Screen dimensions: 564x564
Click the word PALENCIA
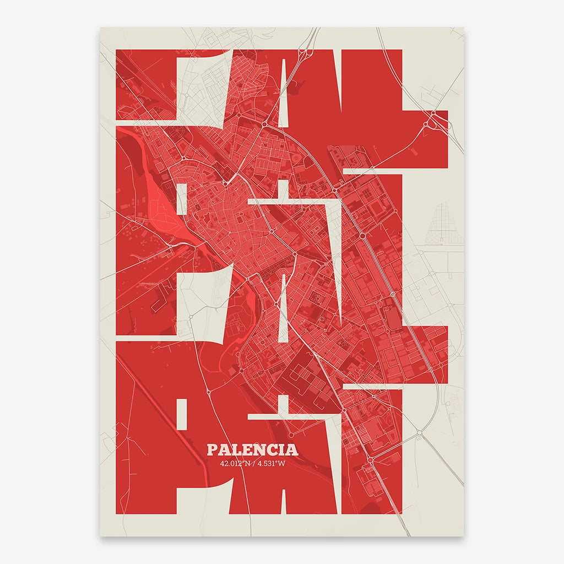[x=253, y=449]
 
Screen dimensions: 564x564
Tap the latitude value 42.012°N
[x=234, y=463]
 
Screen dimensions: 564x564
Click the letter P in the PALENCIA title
[x=212, y=449]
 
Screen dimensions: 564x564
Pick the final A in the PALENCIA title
[x=292, y=449]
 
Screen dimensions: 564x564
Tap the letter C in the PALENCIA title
[x=271, y=449]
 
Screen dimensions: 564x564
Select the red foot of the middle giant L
[x=424, y=352]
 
